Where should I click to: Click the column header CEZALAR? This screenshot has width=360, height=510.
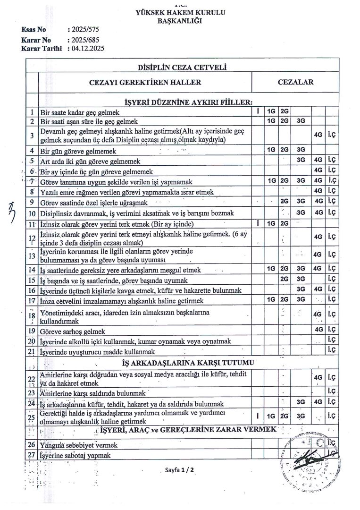click(x=296, y=82)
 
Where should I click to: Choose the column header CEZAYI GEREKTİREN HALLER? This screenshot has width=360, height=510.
click(x=145, y=82)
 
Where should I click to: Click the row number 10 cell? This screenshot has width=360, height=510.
click(x=32, y=213)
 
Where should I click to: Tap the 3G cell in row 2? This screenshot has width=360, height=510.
click(x=301, y=121)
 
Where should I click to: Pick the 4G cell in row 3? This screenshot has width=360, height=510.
click(x=318, y=134)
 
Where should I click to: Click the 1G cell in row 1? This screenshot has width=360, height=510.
click(x=271, y=112)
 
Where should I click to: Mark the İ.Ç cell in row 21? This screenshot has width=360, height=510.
click(x=331, y=350)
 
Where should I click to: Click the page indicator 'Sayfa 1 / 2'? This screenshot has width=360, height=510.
click(x=180, y=470)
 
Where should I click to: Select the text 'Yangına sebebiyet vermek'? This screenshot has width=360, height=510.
click(x=79, y=445)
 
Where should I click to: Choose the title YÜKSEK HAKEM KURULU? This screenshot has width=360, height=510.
click(x=180, y=13)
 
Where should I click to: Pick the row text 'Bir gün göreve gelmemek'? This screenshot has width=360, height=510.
click(x=78, y=152)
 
